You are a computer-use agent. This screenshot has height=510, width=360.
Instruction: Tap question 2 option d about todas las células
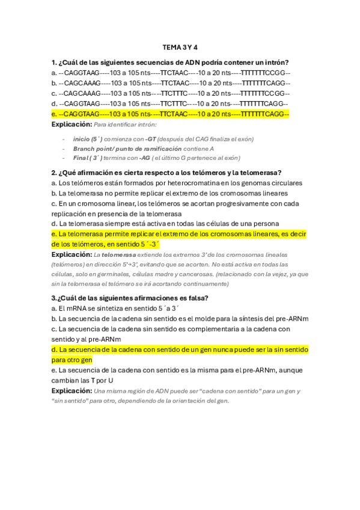point(165,224)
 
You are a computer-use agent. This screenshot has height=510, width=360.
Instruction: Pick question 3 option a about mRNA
point(111,308)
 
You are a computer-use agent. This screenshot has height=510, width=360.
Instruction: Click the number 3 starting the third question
point(54,298)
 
